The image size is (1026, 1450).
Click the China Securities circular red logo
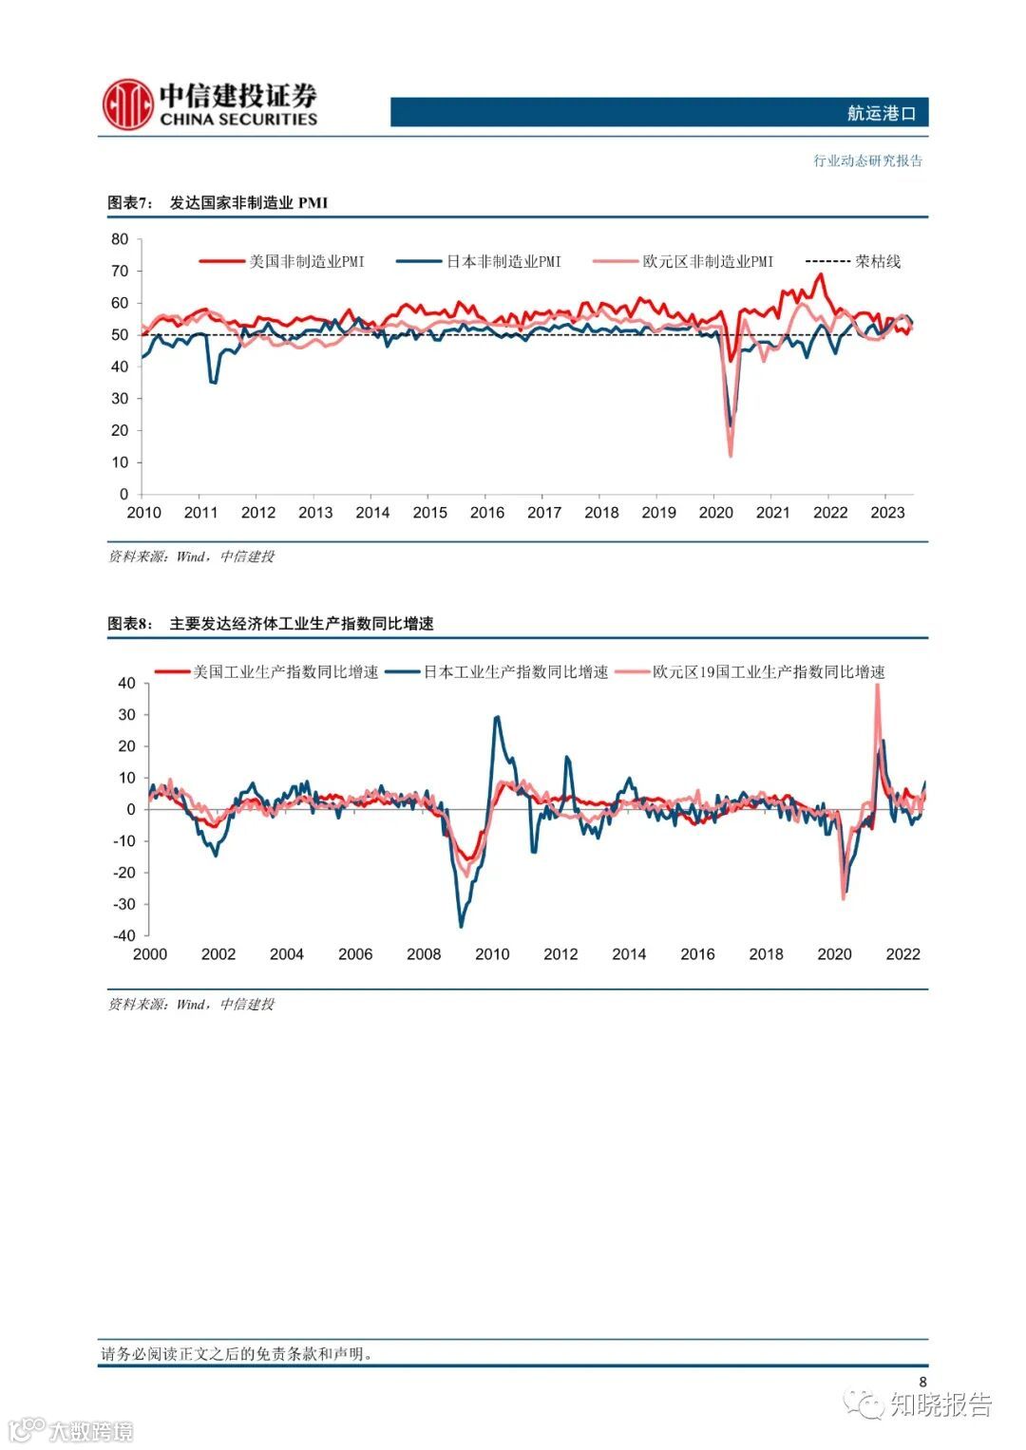(128, 104)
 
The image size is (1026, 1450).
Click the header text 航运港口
(881, 113)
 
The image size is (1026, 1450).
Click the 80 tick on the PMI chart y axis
(120, 239)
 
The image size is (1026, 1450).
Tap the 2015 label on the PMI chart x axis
(429, 513)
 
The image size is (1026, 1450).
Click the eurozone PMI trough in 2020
(731, 456)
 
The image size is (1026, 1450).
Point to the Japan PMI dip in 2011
(213, 382)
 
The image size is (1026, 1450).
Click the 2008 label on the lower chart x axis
(424, 954)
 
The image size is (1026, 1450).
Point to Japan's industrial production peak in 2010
(497, 718)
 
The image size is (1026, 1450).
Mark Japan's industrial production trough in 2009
(462, 926)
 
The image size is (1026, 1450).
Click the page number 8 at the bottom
(921, 1382)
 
